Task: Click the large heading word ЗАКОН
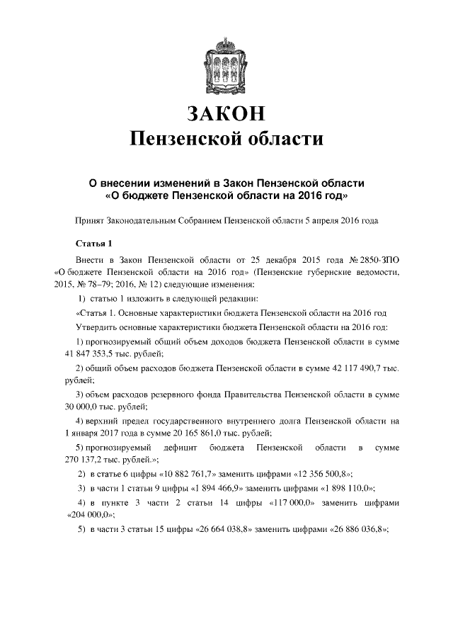226,111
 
